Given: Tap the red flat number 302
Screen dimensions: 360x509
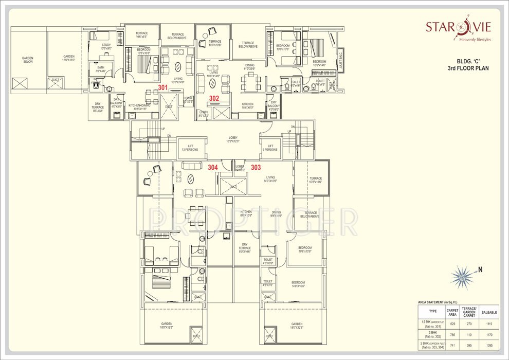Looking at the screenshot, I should [x=214, y=98].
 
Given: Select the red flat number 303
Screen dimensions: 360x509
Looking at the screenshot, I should [x=256, y=167].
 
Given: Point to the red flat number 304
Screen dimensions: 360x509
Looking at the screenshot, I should [x=212, y=167].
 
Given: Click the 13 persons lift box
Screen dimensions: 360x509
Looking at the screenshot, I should [x=191, y=148].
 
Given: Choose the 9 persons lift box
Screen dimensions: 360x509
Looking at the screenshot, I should [x=270, y=148].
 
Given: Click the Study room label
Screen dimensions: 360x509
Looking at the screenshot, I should [x=106, y=46].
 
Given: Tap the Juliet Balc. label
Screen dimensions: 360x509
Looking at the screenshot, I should [x=340, y=61].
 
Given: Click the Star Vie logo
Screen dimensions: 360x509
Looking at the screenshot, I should [x=458, y=28].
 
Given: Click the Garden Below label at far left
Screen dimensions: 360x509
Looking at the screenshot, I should [x=28, y=60].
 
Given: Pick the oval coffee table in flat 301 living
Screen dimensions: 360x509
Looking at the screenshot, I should [x=178, y=66].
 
